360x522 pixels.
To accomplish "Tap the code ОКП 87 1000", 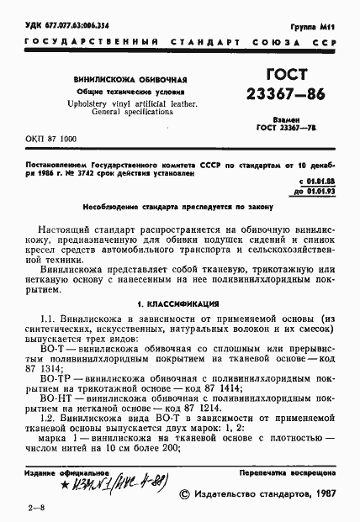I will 50,137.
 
